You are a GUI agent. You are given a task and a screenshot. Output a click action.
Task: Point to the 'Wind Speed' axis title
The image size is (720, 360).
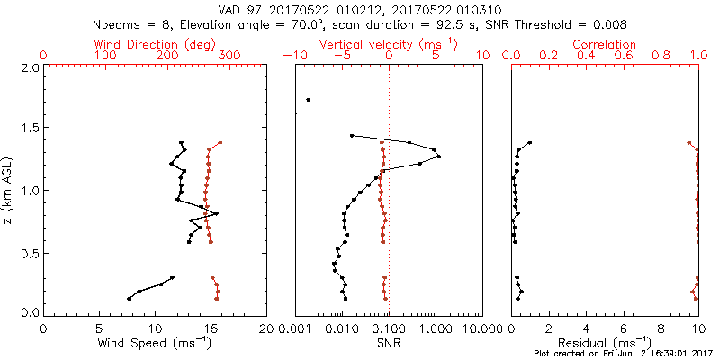click(x=155, y=343)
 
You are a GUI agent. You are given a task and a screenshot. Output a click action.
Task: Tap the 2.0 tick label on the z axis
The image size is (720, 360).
click(x=29, y=67)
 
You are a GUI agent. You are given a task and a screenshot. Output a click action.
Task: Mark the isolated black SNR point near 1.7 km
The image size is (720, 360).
click(x=309, y=100)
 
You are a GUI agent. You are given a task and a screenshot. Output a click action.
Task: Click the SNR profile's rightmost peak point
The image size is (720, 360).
click(x=438, y=157)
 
